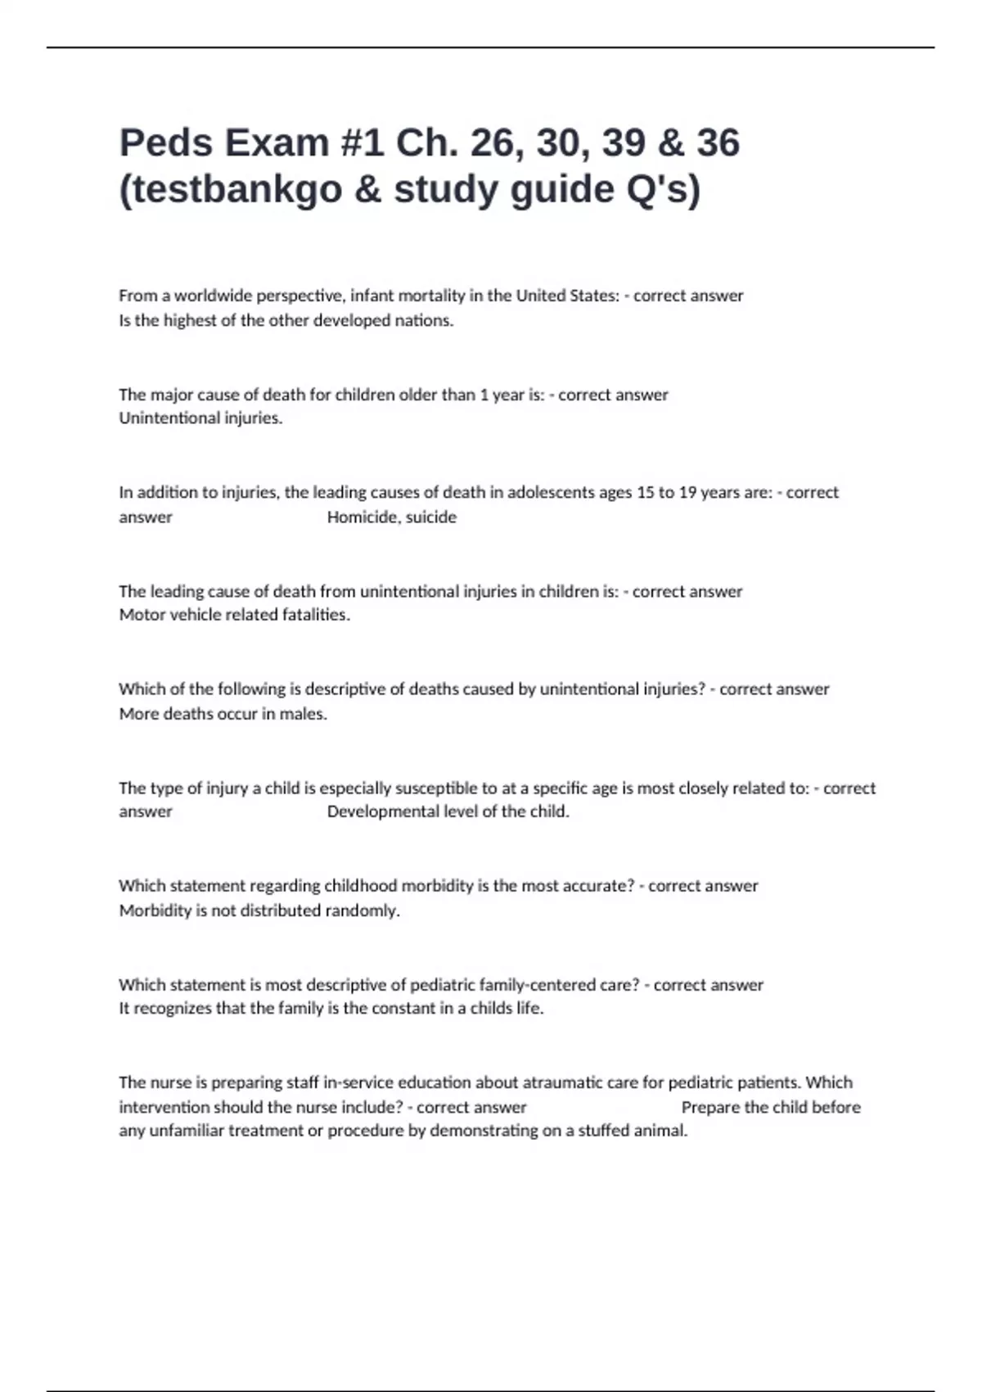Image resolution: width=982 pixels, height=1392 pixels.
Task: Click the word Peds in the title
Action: point(166,143)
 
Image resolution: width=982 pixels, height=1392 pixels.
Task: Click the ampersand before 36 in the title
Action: point(670,143)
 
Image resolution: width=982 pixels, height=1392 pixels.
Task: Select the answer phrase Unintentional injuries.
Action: point(200,418)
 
